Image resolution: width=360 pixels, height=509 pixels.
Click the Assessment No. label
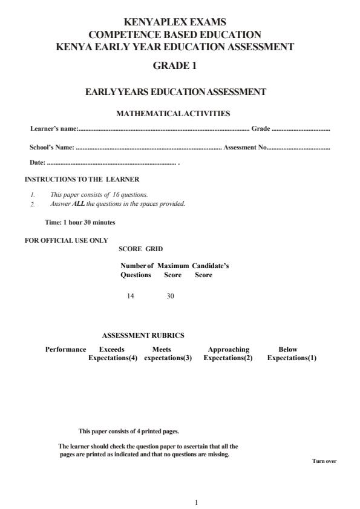tap(246, 147)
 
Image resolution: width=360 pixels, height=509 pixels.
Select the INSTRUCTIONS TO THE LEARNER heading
tap(82, 180)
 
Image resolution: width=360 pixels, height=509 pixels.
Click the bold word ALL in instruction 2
tap(78, 204)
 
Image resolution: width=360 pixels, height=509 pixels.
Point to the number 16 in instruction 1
tap(118, 195)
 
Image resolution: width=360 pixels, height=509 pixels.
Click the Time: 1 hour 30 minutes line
tap(80, 222)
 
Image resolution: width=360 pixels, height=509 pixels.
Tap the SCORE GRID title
tap(140, 249)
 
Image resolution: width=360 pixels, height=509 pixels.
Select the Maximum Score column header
tap(173, 271)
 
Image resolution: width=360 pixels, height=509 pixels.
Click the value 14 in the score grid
tap(130, 296)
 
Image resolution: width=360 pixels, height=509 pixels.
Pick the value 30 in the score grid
tap(170, 296)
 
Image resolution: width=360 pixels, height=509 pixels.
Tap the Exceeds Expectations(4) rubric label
tap(113, 353)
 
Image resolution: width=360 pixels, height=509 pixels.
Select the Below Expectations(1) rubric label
tap(292, 353)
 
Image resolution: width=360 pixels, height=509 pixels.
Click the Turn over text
tap(324, 462)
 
